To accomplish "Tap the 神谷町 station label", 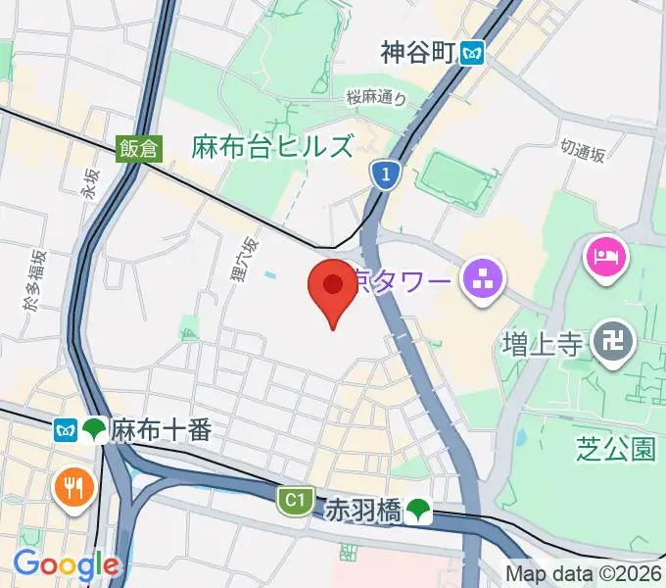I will (418, 53).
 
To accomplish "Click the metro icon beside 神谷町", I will (474, 53).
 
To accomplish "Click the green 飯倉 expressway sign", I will (138, 147).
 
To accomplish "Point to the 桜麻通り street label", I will (375, 97).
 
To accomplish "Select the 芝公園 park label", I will (615, 449).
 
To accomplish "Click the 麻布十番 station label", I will (161, 429).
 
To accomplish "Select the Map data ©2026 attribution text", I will (584, 573).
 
